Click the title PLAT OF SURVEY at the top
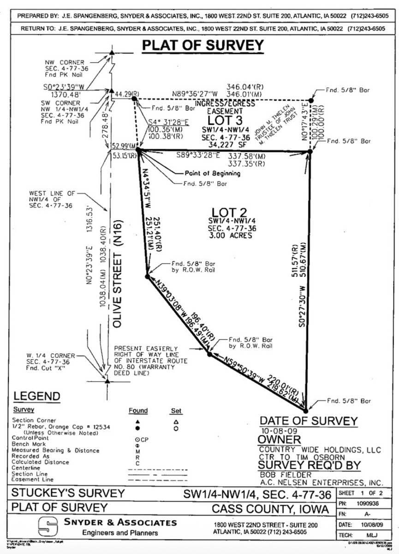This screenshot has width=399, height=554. [x=202, y=45]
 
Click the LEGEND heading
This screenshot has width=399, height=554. [x=36, y=396]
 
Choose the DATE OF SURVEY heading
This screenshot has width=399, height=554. [x=309, y=421]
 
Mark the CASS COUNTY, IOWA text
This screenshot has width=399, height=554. [x=271, y=509]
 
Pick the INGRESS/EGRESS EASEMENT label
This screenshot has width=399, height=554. [x=224, y=107]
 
